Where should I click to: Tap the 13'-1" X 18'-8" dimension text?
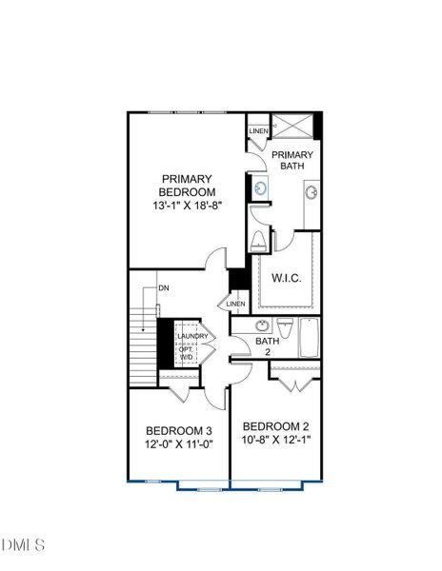point(186,205)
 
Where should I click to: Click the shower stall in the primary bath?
point(292,126)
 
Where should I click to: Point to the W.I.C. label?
point(287,279)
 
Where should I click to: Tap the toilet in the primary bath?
point(256,241)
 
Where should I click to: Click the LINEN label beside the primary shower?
point(258,130)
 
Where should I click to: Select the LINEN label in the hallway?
point(236,304)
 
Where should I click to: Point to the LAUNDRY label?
point(193,336)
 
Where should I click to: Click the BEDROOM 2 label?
point(277,425)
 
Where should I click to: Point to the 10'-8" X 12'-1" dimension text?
point(277,441)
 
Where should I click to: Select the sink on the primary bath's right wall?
point(311,193)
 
